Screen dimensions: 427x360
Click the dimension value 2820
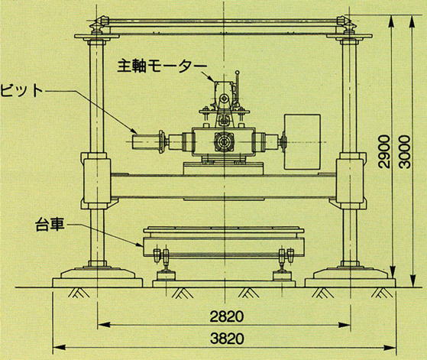[227, 316]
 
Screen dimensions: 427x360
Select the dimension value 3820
[227, 339]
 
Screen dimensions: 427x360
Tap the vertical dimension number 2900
[385, 152]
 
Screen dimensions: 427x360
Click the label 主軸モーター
[162, 66]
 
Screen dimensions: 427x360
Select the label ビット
[21, 90]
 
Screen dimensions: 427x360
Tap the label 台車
[50, 225]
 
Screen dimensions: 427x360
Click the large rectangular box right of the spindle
[302, 141]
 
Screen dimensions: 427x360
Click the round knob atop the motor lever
[238, 73]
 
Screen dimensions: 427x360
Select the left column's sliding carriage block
[97, 181]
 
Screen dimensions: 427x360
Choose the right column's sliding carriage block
[350, 181]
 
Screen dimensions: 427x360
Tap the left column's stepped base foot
[98, 277]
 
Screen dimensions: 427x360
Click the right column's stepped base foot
[350, 277]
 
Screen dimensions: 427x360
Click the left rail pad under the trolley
[165, 276]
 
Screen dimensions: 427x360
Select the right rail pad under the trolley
[282, 276]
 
